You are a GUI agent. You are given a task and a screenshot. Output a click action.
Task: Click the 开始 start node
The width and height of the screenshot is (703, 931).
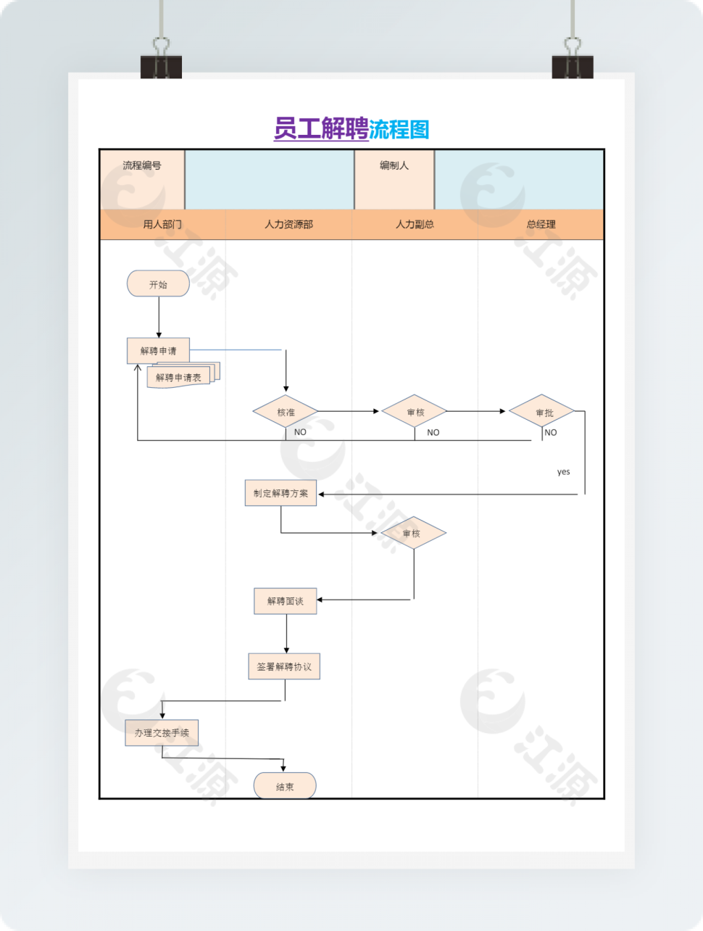(x=158, y=284)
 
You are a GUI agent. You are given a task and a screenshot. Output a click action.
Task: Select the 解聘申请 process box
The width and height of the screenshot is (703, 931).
(x=158, y=351)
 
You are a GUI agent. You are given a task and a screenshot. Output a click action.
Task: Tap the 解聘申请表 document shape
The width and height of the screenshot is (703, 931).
(x=179, y=377)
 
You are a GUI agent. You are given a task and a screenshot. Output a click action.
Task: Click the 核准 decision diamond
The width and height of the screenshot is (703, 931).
(x=286, y=412)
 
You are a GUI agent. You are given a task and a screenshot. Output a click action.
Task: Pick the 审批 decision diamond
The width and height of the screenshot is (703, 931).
(x=544, y=412)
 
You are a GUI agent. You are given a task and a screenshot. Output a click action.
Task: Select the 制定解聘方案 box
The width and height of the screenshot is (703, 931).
(x=280, y=493)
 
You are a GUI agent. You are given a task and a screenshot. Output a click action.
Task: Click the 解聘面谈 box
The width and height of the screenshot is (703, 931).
(x=285, y=601)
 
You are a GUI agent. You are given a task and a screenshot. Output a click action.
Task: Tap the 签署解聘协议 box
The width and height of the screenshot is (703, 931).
(x=284, y=666)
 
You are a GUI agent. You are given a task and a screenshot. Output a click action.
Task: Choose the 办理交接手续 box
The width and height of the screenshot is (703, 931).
(x=162, y=732)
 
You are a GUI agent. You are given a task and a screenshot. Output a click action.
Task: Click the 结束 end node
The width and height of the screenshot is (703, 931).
(x=285, y=786)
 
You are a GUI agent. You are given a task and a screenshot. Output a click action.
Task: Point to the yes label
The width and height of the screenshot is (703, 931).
(x=563, y=472)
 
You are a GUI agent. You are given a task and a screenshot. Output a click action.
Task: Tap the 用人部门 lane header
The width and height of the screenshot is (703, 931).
(x=162, y=225)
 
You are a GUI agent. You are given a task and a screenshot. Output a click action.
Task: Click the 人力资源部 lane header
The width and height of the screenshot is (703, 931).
(x=288, y=225)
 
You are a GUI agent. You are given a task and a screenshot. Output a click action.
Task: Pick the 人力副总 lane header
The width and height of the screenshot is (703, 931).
(x=415, y=225)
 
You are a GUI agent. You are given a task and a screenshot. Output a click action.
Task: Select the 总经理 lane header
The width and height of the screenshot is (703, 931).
(x=541, y=225)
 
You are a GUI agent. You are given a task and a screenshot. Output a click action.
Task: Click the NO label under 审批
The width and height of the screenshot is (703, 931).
(x=551, y=433)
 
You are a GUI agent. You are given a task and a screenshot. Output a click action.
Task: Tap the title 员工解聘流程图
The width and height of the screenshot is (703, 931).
(x=351, y=129)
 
